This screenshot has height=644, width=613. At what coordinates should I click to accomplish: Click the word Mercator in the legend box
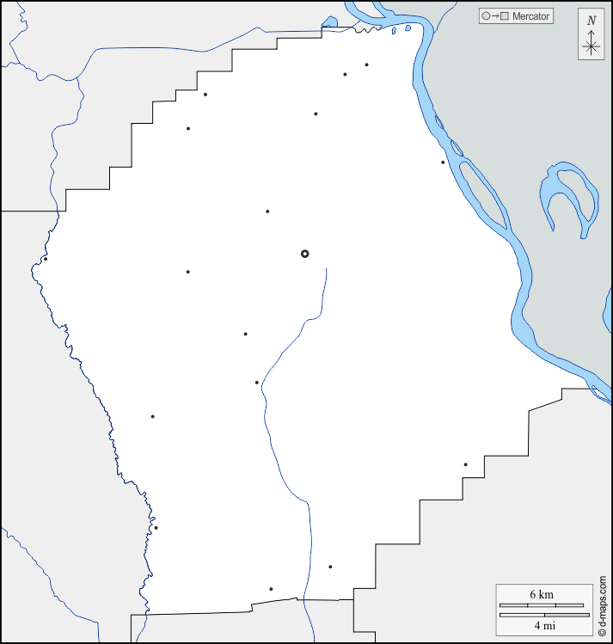[530, 15]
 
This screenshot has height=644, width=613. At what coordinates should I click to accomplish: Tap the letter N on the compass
[591, 21]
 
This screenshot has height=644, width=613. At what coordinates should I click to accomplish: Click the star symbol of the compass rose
[591, 46]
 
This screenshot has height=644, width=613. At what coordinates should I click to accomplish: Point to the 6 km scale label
[541, 595]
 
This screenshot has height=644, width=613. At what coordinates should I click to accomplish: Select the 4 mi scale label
[541, 623]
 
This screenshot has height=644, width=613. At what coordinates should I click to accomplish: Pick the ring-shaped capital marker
[304, 254]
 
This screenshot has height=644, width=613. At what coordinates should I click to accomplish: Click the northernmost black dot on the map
[366, 64]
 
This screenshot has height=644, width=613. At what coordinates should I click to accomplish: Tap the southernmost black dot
[271, 589]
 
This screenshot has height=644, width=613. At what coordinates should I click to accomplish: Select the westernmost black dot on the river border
[46, 259]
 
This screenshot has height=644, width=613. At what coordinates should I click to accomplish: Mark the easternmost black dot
[466, 464]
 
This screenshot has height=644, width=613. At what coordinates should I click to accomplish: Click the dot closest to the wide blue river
[443, 162]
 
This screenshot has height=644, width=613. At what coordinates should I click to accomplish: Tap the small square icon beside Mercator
[506, 15]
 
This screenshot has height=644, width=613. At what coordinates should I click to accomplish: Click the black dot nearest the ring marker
[267, 212]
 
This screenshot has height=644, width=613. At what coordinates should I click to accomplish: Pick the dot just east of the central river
[330, 567]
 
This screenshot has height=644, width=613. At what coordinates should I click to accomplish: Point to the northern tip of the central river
[327, 269]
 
